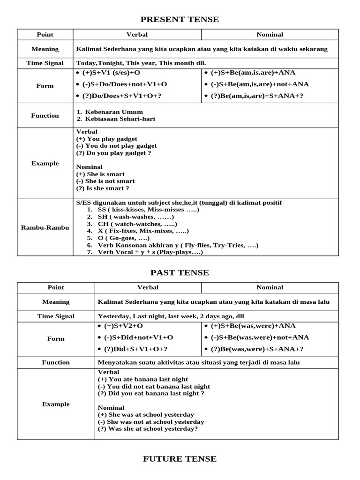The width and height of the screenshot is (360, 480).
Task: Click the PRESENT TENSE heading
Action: click(x=180, y=19)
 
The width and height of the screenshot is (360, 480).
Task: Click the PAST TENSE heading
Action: click(x=180, y=273)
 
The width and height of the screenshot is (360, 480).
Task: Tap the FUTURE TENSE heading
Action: click(x=180, y=459)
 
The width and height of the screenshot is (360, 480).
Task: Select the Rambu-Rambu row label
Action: click(x=45, y=227)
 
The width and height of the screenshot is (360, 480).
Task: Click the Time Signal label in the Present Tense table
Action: click(x=45, y=63)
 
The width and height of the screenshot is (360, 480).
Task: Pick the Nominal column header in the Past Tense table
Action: click(x=270, y=287)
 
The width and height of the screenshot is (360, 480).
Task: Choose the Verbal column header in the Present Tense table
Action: click(x=137, y=34)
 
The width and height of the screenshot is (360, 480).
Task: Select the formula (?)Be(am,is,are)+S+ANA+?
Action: click(x=253, y=96)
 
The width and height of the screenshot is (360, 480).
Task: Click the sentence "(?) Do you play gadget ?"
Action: click(x=114, y=153)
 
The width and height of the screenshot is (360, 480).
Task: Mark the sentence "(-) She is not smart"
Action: click(x=105, y=181)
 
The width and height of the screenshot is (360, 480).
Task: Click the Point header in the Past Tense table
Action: click(x=56, y=287)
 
